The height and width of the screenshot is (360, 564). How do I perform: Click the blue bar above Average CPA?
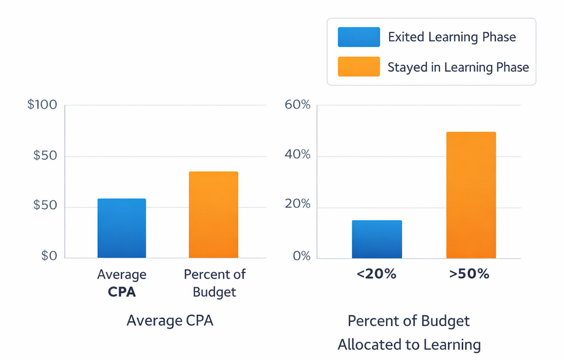click(x=122, y=228)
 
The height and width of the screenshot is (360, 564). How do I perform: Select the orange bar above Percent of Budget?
click(x=213, y=215)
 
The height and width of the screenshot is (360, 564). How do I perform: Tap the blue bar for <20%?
click(x=377, y=239)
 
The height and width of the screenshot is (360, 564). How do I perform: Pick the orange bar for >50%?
click(x=471, y=195)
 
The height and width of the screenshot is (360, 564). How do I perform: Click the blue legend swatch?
click(x=358, y=37)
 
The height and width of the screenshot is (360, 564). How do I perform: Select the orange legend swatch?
click(x=358, y=67)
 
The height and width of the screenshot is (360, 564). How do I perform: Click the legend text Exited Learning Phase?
click(x=451, y=37)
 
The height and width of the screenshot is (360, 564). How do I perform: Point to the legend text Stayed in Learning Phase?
click(x=458, y=67)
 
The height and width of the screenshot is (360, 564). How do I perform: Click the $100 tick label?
click(x=42, y=105)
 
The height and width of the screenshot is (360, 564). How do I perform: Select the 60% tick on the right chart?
click(x=298, y=105)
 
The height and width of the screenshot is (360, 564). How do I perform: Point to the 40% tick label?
click(x=298, y=155)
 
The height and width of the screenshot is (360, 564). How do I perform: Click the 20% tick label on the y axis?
click(x=298, y=205)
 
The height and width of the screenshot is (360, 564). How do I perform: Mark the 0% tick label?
click(x=302, y=256)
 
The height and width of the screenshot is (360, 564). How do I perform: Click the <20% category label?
click(x=376, y=274)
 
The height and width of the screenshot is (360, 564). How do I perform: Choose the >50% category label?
click(x=469, y=274)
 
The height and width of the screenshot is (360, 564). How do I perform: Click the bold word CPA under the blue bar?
click(x=122, y=292)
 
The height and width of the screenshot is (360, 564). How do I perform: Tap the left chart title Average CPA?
click(x=169, y=320)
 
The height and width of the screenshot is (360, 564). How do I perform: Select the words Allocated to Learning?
click(x=409, y=345)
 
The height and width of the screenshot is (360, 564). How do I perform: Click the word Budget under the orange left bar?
click(x=214, y=292)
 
